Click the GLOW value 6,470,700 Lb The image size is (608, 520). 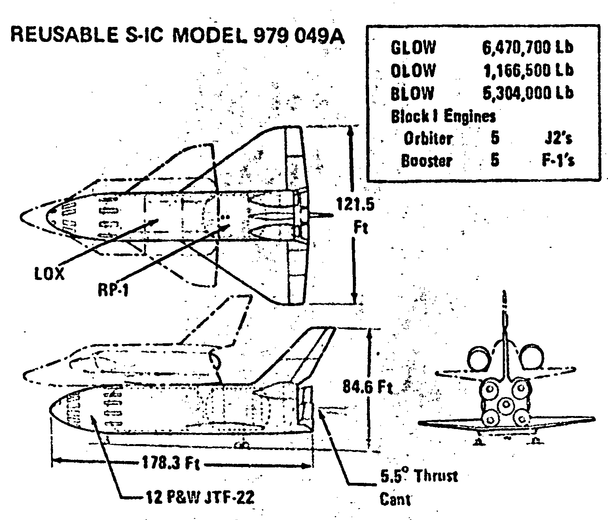click(527, 48)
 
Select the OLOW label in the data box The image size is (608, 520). click(413, 71)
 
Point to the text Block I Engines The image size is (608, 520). click(443, 116)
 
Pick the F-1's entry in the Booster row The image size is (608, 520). click(558, 161)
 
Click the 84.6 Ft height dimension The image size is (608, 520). click(367, 388)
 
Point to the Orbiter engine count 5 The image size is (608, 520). click(495, 138)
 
